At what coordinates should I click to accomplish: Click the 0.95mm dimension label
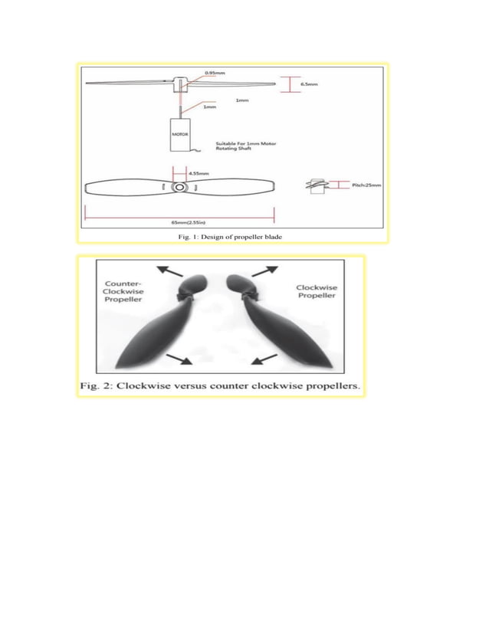[214, 74]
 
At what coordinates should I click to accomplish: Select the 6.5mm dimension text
[310, 84]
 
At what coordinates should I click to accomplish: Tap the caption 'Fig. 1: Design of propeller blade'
[230, 237]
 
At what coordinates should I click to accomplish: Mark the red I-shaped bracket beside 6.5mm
[287, 84]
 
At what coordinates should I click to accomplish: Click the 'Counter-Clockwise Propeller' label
[123, 292]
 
